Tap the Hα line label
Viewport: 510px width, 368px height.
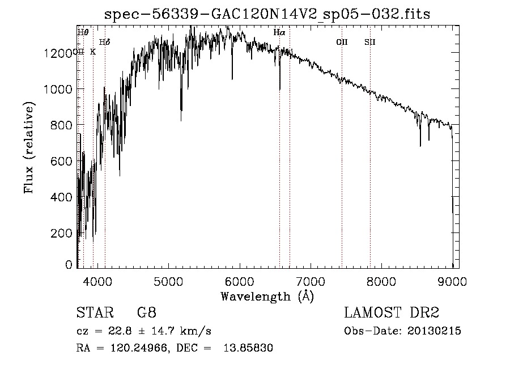click(279, 33)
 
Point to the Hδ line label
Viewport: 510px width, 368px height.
click(104, 42)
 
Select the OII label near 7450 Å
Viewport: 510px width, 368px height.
click(342, 42)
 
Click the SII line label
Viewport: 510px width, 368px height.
click(370, 42)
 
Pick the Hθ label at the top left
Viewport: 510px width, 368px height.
click(83, 32)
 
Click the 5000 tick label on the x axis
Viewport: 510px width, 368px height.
click(167, 280)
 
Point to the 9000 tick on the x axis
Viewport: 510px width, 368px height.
click(452, 280)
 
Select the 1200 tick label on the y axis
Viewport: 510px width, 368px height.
click(59, 53)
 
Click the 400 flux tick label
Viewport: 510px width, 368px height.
click(62, 197)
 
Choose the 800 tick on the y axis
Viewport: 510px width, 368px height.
click(62, 125)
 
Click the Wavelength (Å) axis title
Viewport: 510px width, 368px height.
click(267, 296)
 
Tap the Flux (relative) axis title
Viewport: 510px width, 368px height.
click(29, 147)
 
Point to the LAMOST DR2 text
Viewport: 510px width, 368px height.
click(392, 314)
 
